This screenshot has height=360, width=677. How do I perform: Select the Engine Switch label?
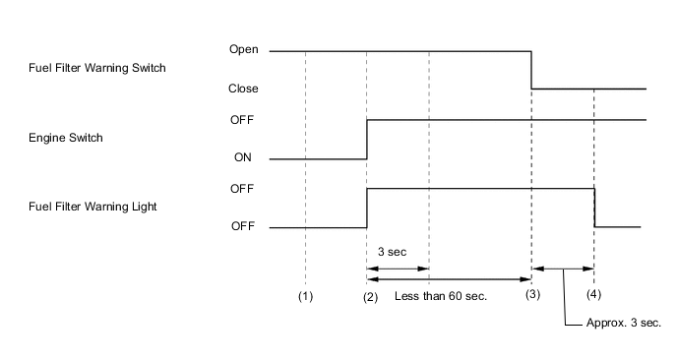[x=68, y=139]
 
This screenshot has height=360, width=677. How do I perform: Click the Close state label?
[x=242, y=89]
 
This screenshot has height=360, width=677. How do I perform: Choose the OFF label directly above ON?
[x=242, y=119]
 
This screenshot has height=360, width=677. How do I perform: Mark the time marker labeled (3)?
[x=531, y=294]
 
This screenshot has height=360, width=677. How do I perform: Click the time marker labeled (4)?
[x=594, y=294]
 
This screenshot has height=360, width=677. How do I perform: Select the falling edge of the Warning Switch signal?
[x=531, y=69]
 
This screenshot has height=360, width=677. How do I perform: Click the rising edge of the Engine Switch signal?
[x=366, y=139]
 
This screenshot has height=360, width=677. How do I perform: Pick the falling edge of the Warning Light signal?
[x=595, y=208]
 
